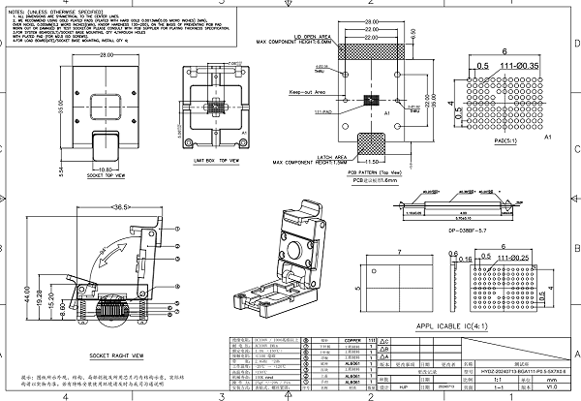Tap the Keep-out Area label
[x=305, y=94]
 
